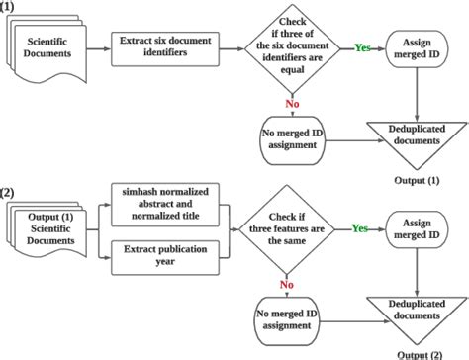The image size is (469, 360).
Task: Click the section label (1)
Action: [x=9, y=7]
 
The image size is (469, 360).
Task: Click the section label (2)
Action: [x=9, y=192]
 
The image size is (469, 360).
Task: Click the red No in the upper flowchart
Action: [x=291, y=102]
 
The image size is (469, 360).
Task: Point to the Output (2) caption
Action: [x=419, y=353]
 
